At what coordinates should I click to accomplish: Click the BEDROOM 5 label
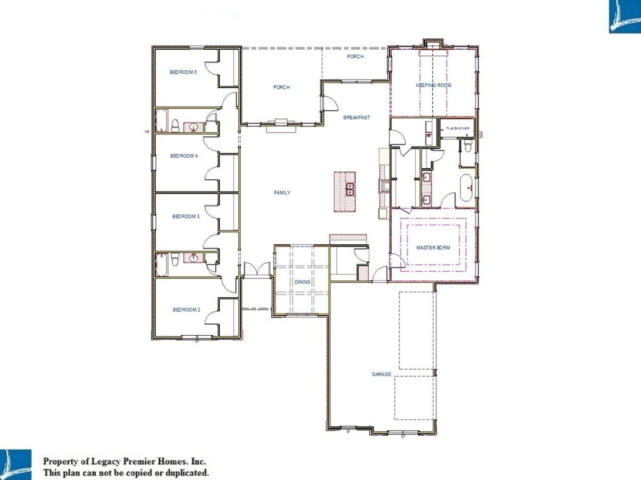point(183,72)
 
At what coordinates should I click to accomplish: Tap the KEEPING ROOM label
point(433,85)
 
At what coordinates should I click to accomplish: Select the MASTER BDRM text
point(433,247)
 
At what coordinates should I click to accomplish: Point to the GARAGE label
point(381,374)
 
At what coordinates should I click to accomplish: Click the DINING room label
point(302,282)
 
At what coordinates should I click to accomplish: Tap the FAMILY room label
point(282,193)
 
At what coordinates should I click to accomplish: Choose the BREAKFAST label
point(356,117)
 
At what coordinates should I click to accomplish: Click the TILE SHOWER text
point(458,128)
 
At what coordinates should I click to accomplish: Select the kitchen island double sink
point(350,189)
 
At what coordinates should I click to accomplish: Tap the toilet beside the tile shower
point(468,146)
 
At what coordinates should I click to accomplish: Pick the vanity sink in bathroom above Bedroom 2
point(193,258)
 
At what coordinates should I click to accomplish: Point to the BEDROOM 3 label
point(186,216)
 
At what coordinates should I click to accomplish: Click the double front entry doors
point(257,269)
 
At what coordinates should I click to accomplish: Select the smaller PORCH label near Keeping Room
point(355,57)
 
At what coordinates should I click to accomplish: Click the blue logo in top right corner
point(625,16)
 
